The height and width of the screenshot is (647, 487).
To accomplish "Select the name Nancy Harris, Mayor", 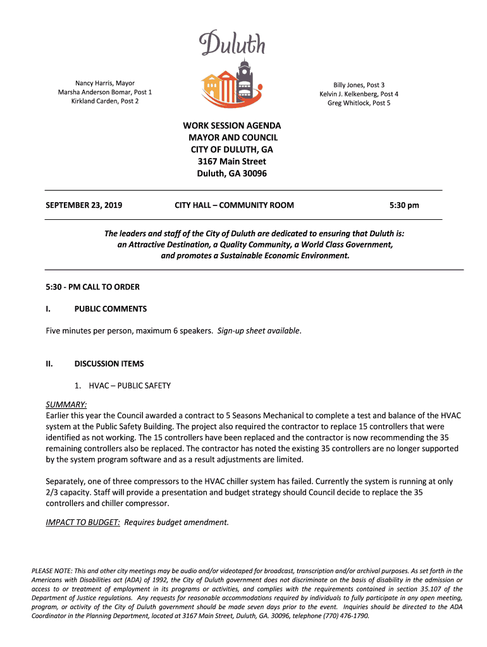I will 105,83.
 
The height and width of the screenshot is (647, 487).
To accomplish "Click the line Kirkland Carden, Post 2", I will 105,101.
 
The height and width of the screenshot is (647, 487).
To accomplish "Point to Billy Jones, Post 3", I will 359,85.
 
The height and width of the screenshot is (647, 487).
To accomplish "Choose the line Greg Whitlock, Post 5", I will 359,103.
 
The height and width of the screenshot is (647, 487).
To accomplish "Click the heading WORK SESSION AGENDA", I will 231,126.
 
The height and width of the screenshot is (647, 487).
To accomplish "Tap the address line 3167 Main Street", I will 231,161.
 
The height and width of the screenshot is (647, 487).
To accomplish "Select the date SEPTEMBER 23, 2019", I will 84,205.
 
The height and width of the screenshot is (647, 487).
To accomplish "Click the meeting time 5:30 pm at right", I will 404,205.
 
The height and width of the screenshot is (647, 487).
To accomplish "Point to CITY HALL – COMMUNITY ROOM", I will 234,205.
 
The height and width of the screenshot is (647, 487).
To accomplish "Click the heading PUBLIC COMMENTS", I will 111,309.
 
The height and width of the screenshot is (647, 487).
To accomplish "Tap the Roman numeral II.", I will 50,364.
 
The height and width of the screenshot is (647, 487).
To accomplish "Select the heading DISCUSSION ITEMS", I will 109,364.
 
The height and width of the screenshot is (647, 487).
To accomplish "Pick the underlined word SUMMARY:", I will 66,404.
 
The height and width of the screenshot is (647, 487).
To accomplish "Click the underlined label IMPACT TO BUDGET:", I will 83,523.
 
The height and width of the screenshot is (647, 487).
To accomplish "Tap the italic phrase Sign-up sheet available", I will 259,331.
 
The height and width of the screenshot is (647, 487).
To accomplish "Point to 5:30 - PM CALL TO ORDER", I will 92,287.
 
